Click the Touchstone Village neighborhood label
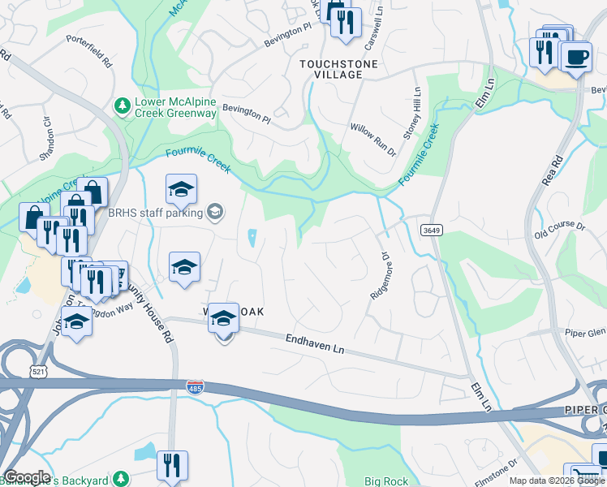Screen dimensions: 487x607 coord(330,68)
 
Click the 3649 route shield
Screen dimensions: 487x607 coord(431,231)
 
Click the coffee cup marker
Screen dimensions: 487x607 coord(576,58)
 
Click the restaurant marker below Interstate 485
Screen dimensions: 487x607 coord(172,466)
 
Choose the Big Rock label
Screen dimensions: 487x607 coord(386,481)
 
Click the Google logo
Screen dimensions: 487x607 coord(26,477)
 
